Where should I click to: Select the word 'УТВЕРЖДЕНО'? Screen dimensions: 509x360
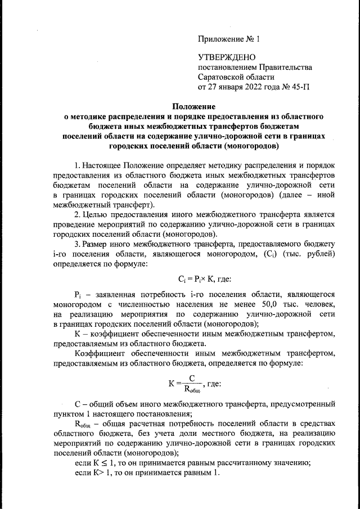pyautogui.click(x=227, y=57)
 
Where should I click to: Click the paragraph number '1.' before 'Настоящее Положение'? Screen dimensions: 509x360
pyautogui.click(x=78, y=166)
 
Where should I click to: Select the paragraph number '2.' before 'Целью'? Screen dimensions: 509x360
pyautogui.click(x=78, y=214)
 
